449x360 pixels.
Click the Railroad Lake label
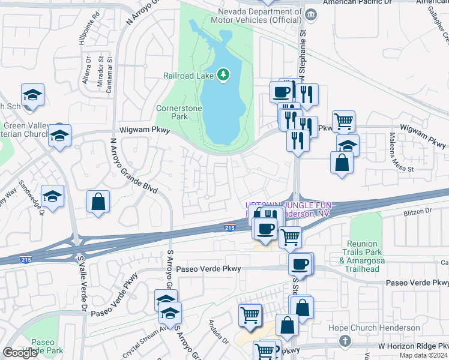pos(189,75)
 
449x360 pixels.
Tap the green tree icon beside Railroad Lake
pos(223,74)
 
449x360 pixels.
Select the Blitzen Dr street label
pos(420,211)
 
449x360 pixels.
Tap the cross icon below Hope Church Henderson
pos(345,341)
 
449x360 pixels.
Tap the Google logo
pos(19,353)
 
